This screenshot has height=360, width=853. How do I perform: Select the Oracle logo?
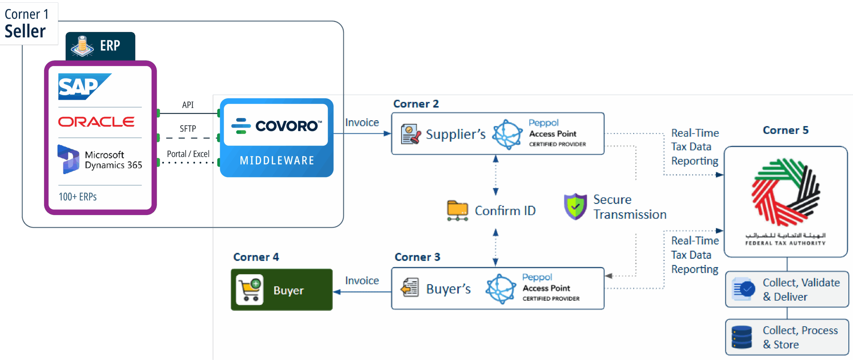[x=96, y=122]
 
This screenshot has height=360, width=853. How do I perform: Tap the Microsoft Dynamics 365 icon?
[x=68, y=159]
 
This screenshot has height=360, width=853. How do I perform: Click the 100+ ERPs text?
[x=78, y=197]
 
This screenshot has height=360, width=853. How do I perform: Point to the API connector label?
[x=188, y=105]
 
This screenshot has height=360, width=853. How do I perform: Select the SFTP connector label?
[x=188, y=129]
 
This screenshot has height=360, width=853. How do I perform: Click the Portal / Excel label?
[x=188, y=154]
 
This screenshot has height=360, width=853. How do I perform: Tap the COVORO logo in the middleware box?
[x=276, y=126]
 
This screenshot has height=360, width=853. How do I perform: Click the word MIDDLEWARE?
[x=277, y=161]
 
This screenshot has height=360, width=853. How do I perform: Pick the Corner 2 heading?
[x=416, y=104]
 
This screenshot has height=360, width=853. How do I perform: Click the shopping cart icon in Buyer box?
[x=250, y=290]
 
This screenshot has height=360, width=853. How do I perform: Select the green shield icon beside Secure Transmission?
[x=575, y=206]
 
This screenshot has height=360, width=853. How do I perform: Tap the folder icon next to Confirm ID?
[x=457, y=210]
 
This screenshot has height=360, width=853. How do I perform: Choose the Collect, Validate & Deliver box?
[x=787, y=289]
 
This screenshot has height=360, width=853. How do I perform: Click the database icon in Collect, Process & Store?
[x=742, y=337]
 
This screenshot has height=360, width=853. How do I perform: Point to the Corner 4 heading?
[x=256, y=257]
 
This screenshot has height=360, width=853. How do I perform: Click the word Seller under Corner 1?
[x=25, y=32]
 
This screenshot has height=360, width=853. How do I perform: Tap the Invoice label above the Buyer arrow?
[x=362, y=281]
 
